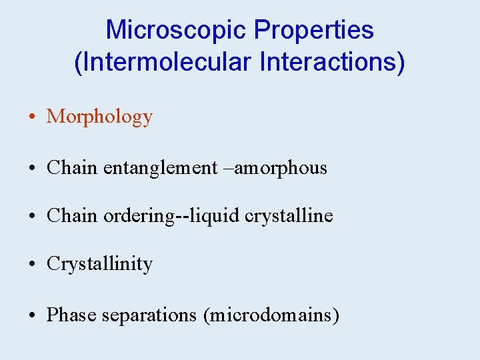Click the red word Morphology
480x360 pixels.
(99, 117)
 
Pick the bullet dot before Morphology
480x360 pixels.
(32, 118)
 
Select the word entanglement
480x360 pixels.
(161, 168)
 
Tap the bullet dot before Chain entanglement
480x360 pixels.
(32, 169)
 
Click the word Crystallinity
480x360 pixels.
(99, 265)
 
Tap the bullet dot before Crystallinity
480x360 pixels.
(32, 265)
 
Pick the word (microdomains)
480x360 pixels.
(271, 314)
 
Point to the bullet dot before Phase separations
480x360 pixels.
(32, 315)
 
